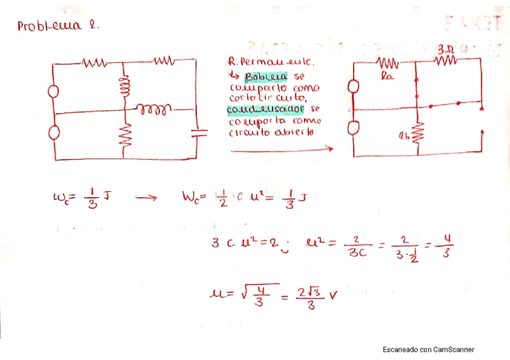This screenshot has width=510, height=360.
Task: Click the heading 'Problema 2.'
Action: pyautogui.click(x=58, y=26)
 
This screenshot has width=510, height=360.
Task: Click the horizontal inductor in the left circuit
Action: pyautogui.click(x=155, y=109)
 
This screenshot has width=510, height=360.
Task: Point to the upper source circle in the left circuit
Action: pyautogui.click(x=54, y=92)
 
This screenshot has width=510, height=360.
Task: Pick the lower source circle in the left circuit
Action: pyautogui.click(x=54, y=132)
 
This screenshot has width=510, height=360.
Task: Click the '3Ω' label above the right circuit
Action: pyautogui.click(x=445, y=47)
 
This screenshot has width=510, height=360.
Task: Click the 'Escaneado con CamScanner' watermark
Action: pyautogui.click(x=428, y=349)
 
